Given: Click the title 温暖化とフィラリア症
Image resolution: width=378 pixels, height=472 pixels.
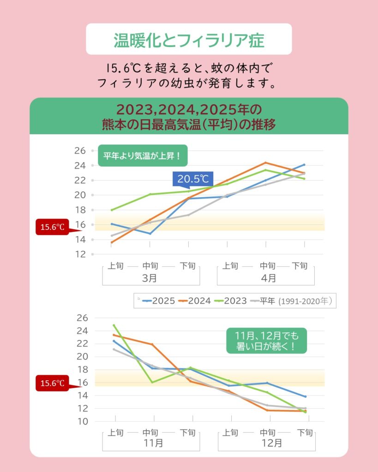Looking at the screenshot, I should tap(189, 40).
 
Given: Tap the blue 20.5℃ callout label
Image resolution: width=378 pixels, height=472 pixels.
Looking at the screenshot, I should tap(193, 178).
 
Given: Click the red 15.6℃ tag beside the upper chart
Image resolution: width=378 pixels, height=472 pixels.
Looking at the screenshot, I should tap(52, 227).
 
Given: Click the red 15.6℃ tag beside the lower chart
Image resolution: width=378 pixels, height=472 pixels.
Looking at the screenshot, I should tap(52, 383).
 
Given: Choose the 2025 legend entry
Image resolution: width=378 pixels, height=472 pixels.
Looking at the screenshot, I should tap(159, 301).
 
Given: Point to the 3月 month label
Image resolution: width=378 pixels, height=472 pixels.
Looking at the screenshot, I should tap(150, 278).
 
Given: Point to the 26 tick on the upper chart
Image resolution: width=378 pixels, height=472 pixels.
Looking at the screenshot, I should tap(80, 151).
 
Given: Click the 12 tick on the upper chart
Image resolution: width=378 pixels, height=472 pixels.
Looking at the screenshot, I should tap(80, 254).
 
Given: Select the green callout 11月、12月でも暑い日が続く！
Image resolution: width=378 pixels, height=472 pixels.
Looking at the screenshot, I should tap(266, 341).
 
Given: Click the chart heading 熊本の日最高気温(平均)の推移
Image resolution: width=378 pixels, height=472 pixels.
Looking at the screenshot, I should tap(189, 124).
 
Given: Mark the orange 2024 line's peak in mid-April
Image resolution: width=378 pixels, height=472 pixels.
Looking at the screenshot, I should tap(265, 163).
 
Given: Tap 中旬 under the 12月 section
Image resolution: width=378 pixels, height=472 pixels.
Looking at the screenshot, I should tap(268, 432).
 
